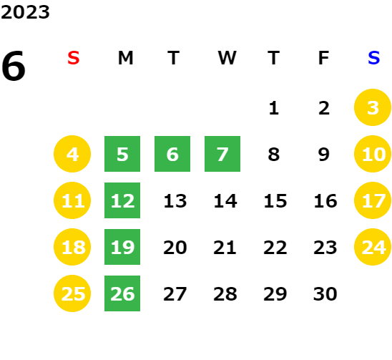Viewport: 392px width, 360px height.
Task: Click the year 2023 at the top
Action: coord(25,12)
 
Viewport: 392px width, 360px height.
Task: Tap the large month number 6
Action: coord(14,66)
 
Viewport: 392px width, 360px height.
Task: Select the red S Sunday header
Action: coord(74,58)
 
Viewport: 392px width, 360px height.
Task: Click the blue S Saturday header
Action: coord(373,58)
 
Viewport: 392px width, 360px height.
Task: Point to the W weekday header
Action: coord(227,58)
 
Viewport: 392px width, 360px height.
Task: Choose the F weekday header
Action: coord(324,58)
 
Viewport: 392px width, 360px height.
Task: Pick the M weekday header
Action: coord(125,58)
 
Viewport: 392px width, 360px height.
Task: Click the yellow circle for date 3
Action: coord(373,107)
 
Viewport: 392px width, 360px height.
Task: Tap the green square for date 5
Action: coord(122,154)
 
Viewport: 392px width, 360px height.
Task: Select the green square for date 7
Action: coord(222,154)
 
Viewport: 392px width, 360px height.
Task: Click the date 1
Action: coord(274,108)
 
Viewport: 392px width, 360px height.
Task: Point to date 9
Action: coord(324,155)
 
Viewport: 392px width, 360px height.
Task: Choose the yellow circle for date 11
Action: coord(72,200)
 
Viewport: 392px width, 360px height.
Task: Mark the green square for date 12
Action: coord(122,200)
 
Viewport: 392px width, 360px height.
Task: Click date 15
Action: coord(275,201)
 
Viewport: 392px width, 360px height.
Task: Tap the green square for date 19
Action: coord(122,247)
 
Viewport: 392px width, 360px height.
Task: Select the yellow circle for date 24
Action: coord(373,247)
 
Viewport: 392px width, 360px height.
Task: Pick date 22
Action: coord(275,248)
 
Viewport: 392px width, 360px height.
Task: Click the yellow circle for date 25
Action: coord(72,293)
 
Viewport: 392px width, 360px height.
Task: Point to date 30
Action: coord(325,294)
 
